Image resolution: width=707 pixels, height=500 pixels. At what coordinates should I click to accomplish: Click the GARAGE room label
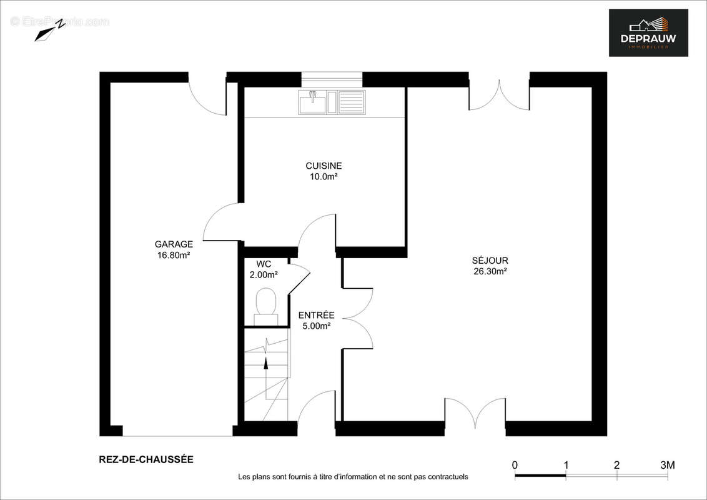(x=174, y=244)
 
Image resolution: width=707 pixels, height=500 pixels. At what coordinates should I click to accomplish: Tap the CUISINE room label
(x=324, y=166)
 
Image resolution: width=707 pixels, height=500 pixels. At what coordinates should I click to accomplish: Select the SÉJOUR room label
(x=490, y=261)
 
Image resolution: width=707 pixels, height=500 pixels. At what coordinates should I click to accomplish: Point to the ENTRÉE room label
(x=316, y=315)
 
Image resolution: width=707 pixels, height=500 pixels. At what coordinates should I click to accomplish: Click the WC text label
(x=264, y=264)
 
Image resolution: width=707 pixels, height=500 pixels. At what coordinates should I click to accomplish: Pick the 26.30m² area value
(x=490, y=271)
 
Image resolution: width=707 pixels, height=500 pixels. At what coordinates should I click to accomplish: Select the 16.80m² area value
(x=174, y=255)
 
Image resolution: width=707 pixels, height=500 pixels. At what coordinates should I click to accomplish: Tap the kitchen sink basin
(x=312, y=102)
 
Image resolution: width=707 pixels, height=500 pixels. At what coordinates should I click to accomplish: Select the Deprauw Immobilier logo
(x=648, y=32)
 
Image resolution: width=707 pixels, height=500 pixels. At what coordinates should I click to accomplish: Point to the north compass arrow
(x=50, y=31)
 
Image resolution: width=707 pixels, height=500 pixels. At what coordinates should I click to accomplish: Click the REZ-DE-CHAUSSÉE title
(x=146, y=459)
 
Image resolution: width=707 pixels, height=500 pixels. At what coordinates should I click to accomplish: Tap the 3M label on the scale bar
(x=668, y=465)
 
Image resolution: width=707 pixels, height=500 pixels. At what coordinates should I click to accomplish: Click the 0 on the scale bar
(x=515, y=465)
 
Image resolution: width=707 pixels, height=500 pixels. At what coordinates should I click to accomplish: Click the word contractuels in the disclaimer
(x=447, y=477)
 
